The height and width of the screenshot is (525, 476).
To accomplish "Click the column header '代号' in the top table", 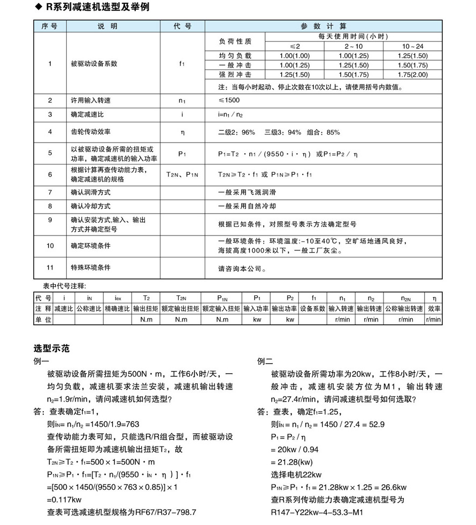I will click(182, 26).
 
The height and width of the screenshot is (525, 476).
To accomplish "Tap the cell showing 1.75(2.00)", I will click(412, 75).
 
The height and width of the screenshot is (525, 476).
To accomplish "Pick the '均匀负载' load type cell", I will click(235, 56).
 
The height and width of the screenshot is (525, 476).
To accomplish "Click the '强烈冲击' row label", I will click(235, 75).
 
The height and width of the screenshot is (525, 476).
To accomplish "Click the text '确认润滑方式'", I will click(90, 192).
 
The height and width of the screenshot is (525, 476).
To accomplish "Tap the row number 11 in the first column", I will click(50, 268).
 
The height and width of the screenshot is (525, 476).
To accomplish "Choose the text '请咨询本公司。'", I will click(241, 269).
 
